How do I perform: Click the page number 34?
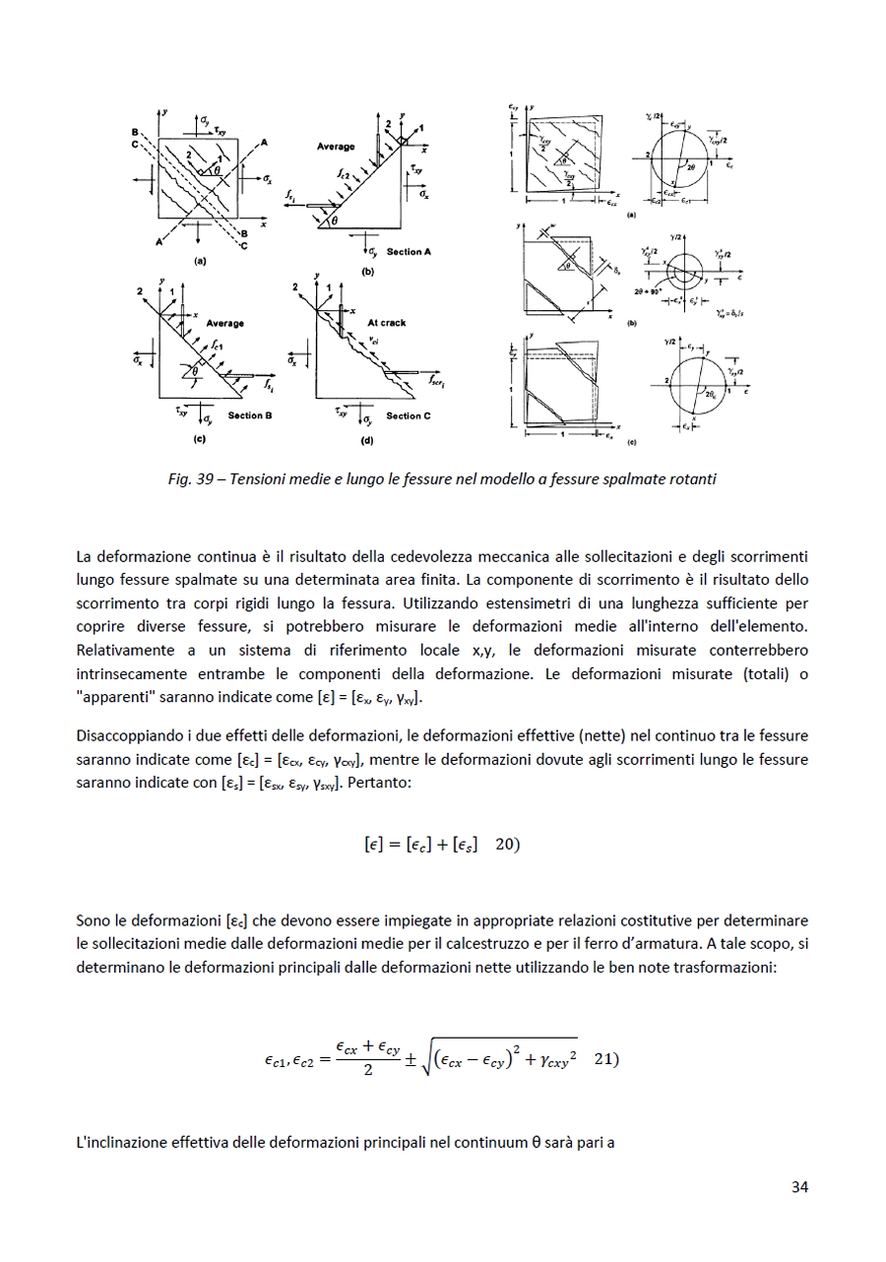click(x=799, y=1187)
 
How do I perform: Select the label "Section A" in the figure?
click(x=409, y=252)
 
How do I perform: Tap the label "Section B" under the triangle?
click(x=250, y=415)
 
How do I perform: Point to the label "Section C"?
click(x=409, y=415)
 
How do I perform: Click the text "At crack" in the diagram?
click(x=386, y=323)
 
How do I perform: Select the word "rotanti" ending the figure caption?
click(x=693, y=479)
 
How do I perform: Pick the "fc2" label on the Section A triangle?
click(x=343, y=173)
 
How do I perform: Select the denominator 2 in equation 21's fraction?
click(x=367, y=1071)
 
